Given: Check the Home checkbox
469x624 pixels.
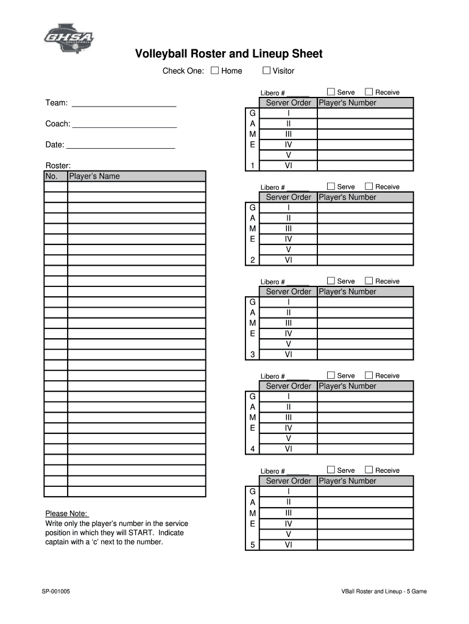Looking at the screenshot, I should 214,71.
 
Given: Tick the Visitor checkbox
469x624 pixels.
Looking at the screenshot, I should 266,71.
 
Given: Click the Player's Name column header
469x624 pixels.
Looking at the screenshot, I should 136,176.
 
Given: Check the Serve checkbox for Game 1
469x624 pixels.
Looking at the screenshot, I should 331,92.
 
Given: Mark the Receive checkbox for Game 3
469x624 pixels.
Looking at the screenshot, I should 368,281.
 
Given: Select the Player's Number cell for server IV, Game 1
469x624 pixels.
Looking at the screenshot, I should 365,145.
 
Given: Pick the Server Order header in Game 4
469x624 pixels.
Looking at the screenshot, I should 288,386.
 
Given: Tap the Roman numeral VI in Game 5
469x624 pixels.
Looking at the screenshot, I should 288,545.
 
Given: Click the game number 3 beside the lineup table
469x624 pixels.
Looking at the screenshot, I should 252,355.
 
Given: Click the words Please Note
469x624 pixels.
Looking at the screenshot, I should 67,513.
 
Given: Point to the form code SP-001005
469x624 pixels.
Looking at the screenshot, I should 55,591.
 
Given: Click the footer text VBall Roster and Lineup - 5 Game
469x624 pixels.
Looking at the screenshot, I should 384,591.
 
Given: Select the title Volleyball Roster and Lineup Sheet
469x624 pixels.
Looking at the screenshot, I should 228,54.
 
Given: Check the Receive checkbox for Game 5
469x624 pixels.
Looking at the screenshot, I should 368,470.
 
